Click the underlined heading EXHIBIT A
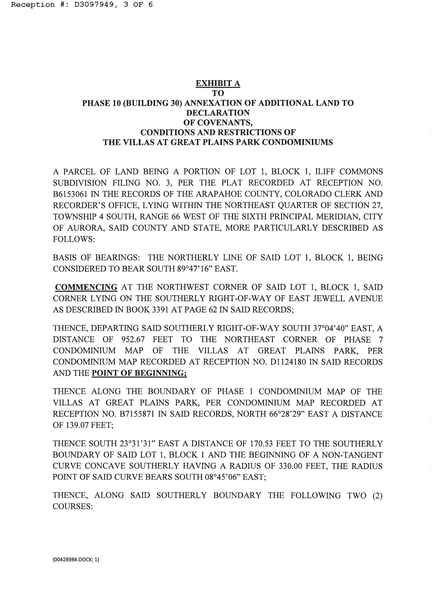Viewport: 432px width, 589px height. pos(218,83)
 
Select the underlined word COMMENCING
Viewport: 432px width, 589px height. pos(86,287)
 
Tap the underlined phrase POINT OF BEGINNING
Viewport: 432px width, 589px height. pos(139,373)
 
